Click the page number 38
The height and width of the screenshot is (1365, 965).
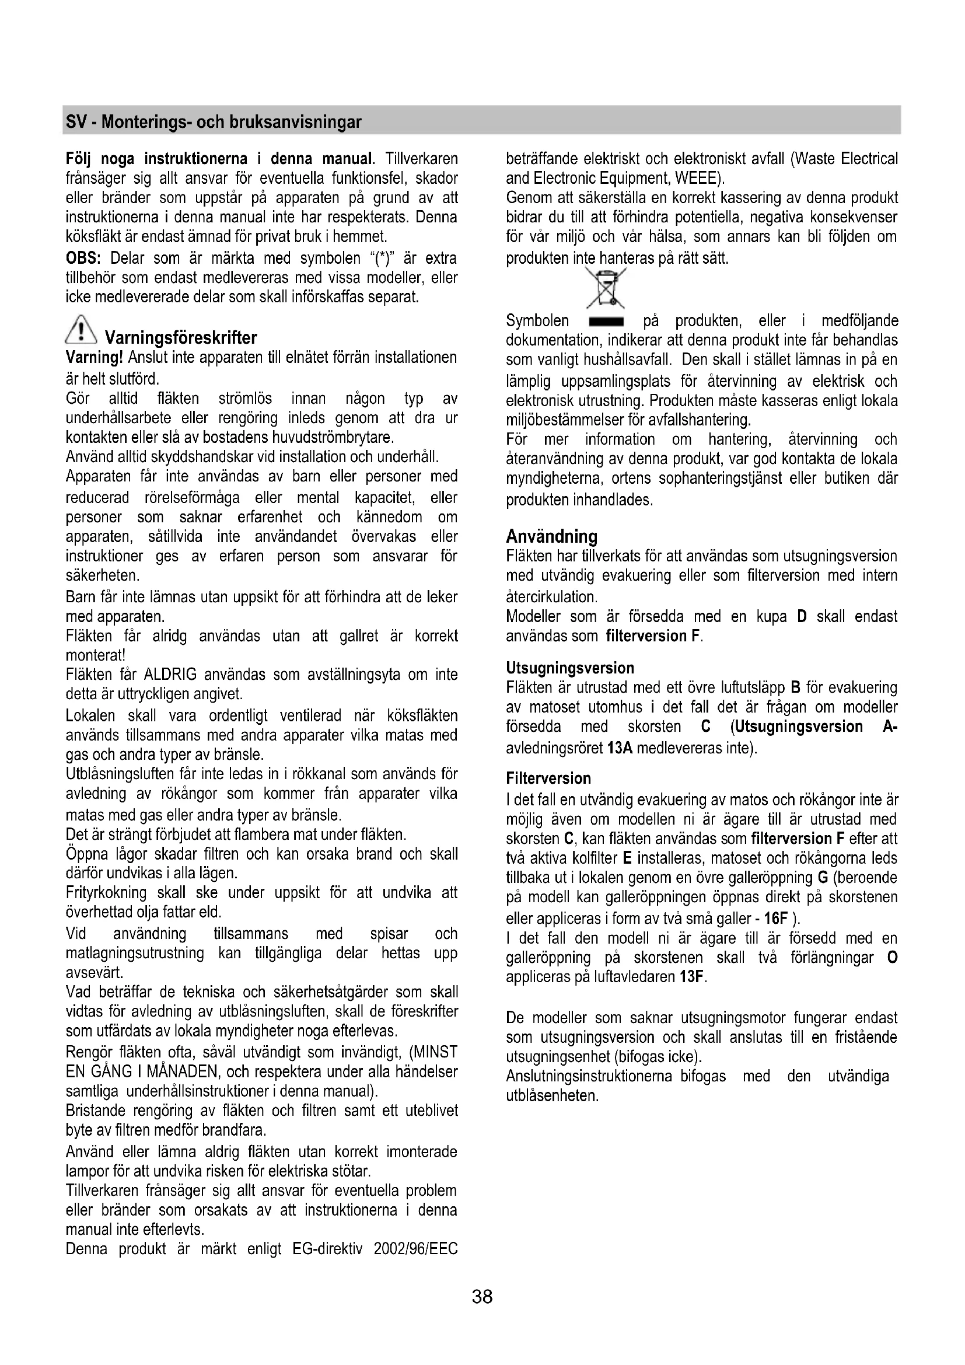(x=482, y=1296)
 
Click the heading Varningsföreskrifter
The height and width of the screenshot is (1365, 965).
(x=181, y=338)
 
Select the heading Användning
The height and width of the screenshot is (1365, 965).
(x=551, y=537)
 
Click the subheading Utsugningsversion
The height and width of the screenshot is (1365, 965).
(x=570, y=668)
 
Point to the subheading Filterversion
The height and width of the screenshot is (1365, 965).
(x=548, y=778)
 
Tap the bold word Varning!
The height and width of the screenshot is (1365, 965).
(x=95, y=358)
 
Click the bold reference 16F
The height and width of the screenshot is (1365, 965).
(x=775, y=919)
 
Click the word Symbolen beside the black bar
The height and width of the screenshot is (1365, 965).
(x=537, y=322)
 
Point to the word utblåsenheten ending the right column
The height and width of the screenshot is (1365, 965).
(x=551, y=1096)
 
